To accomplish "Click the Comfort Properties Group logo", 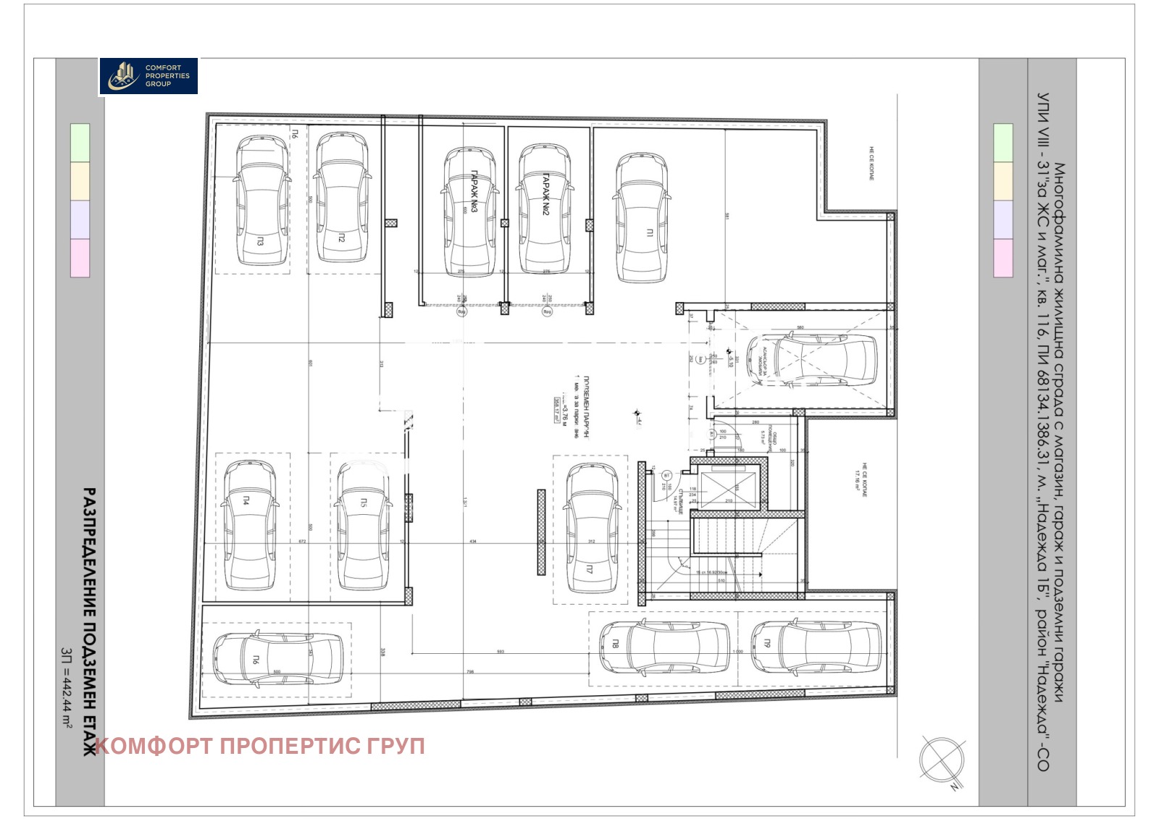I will pos(148,76).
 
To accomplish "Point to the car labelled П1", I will pos(642,217).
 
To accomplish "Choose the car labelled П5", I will pos(363,525).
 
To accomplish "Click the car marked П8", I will pos(664,647).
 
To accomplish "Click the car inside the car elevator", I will pos(811,360).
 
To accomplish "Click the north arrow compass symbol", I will pos(942,760).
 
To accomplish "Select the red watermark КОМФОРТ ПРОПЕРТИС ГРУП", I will pos(260,746).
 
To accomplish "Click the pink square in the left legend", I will pos(80,258).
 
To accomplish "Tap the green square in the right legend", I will pos(1003,143).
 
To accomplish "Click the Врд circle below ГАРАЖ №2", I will pos(547,312).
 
